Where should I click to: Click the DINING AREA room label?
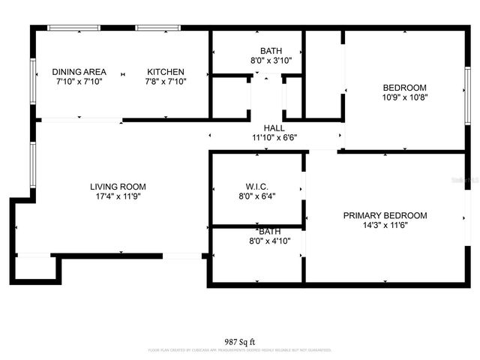[79, 72]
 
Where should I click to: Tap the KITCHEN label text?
[166, 72]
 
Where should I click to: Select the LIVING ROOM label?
[118, 187]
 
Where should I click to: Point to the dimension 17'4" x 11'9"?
[118, 196]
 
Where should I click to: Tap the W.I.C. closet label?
[256, 187]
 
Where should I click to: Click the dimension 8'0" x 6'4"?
[256, 196]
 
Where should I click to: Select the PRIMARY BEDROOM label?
[385, 216]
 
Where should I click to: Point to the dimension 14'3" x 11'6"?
[385, 226]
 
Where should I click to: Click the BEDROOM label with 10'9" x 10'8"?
[404, 88]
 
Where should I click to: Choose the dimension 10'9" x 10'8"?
[404, 97]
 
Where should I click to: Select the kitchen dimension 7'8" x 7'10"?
[166, 82]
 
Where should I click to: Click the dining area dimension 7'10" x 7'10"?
[79, 82]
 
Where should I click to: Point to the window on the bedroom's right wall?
[466, 94]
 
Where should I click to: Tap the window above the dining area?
[73, 28]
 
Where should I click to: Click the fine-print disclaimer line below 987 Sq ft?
[239, 350]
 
